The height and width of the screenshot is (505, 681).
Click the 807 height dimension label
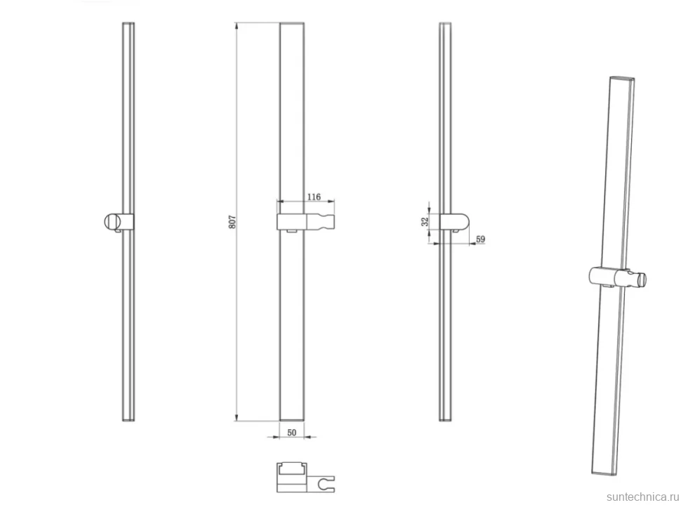[233, 222]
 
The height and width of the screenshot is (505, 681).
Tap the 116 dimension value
[314, 197]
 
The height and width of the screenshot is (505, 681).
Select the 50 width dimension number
[292, 433]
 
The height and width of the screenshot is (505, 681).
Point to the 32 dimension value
[425, 222]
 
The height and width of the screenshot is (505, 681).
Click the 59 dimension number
[480, 239]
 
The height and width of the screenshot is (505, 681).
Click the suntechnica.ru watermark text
[643, 497]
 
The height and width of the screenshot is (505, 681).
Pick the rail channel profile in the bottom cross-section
[292, 468]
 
